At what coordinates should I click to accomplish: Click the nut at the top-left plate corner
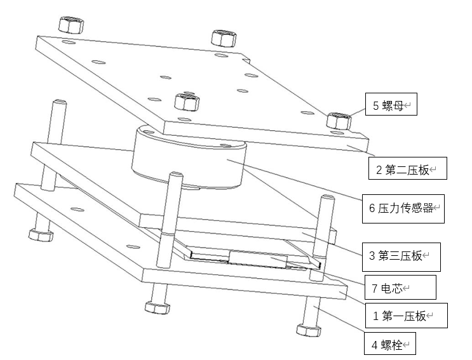coord(69,24)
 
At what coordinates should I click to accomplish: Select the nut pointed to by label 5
coord(338,119)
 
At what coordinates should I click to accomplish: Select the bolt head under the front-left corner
coord(156,307)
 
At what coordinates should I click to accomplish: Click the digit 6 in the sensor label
coord(372,208)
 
